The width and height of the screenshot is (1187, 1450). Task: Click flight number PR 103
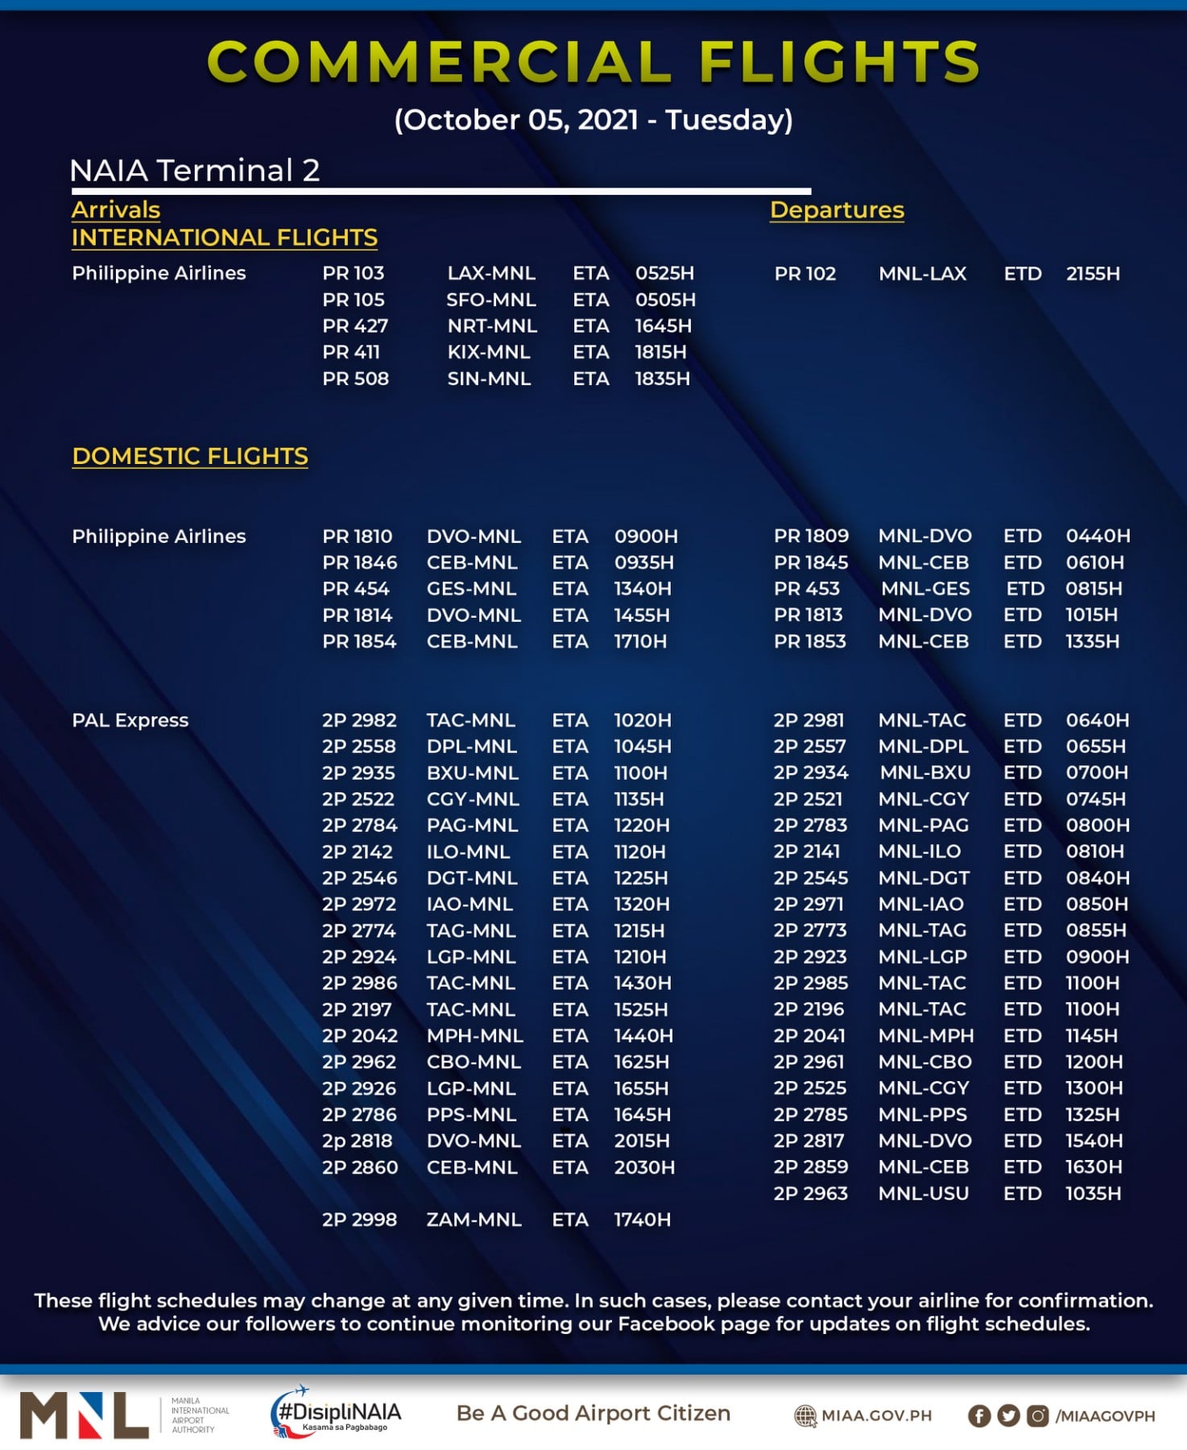353,273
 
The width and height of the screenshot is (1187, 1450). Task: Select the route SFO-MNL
490,300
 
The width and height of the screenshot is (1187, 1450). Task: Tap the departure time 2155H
1092,273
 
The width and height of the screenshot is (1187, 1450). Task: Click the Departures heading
836,210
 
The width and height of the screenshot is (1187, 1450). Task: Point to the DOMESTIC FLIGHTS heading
190,456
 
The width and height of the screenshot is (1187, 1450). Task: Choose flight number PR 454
355,589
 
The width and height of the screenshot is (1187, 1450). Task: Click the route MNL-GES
924,589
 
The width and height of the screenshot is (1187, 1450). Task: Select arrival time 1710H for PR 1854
640,641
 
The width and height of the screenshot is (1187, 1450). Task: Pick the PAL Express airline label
130,720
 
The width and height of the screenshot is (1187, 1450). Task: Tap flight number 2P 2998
359,1220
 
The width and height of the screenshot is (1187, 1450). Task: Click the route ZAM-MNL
474,1220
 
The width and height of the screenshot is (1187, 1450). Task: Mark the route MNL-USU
923,1193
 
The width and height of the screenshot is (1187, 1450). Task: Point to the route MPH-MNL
474,1035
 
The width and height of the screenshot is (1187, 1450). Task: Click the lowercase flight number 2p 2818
357,1141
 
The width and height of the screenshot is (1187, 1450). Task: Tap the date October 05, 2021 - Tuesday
593,120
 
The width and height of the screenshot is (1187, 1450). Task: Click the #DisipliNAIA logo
336,1413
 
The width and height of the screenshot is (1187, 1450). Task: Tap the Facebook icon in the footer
978,1415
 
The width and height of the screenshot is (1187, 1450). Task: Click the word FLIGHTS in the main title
839,61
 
